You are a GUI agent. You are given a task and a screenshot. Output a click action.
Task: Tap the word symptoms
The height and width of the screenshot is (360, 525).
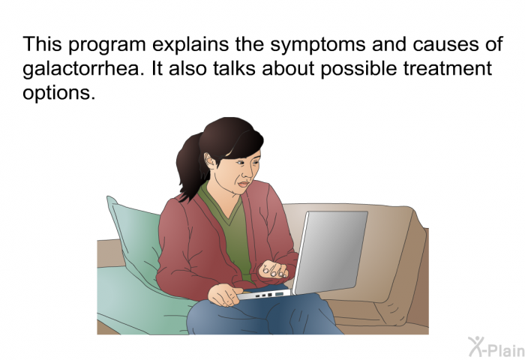(x=318, y=45)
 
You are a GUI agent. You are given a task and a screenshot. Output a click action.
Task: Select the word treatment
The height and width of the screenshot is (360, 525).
(x=447, y=68)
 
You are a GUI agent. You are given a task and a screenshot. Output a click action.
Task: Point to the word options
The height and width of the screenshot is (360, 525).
(x=59, y=93)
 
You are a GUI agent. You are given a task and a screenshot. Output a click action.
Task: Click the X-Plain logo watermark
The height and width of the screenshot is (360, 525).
(x=496, y=347)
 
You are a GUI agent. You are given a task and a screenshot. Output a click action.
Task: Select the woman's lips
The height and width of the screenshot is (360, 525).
(x=244, y=184)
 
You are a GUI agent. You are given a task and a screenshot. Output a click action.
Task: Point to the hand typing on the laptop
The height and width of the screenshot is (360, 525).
(x=273, y=269)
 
